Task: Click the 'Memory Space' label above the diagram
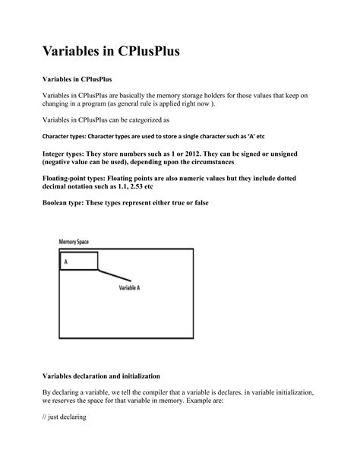point(74,241)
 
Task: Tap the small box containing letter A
point(78,261)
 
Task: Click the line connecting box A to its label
point(115,274)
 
